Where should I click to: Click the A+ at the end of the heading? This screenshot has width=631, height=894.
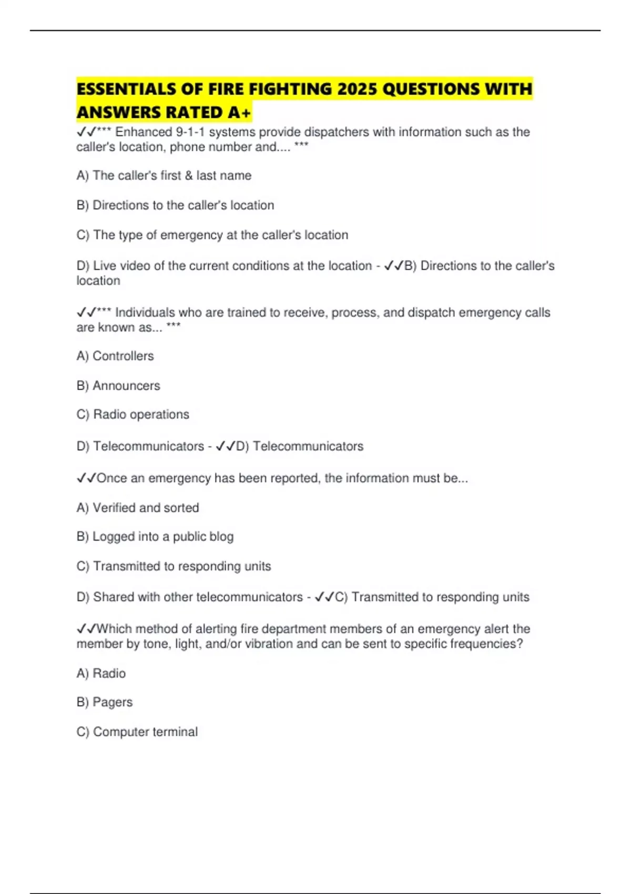click(239, 113)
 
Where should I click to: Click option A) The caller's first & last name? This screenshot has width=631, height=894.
click(164, 176)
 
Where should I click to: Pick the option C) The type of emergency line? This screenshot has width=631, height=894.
click(212, 235)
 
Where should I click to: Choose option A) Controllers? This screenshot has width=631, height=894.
click(115, 356)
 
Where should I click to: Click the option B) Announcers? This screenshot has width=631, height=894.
click(118, 386)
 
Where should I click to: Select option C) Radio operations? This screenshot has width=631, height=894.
click(133, 414)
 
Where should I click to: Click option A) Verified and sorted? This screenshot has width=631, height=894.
click(138, 508)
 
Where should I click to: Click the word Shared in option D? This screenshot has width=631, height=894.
click(111, 597)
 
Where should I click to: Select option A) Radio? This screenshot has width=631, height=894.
click(101, 674)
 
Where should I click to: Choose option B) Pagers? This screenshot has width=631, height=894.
click(105, 703)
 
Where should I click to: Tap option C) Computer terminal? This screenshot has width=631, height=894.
click(137, 732)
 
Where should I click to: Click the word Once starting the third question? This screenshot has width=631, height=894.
click(112, 479)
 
